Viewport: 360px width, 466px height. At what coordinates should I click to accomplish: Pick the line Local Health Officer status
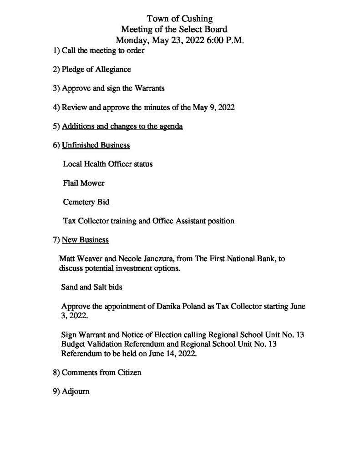click(x=107, y=164)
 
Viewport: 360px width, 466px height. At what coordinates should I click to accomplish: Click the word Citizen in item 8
click(x=128, y=372)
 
